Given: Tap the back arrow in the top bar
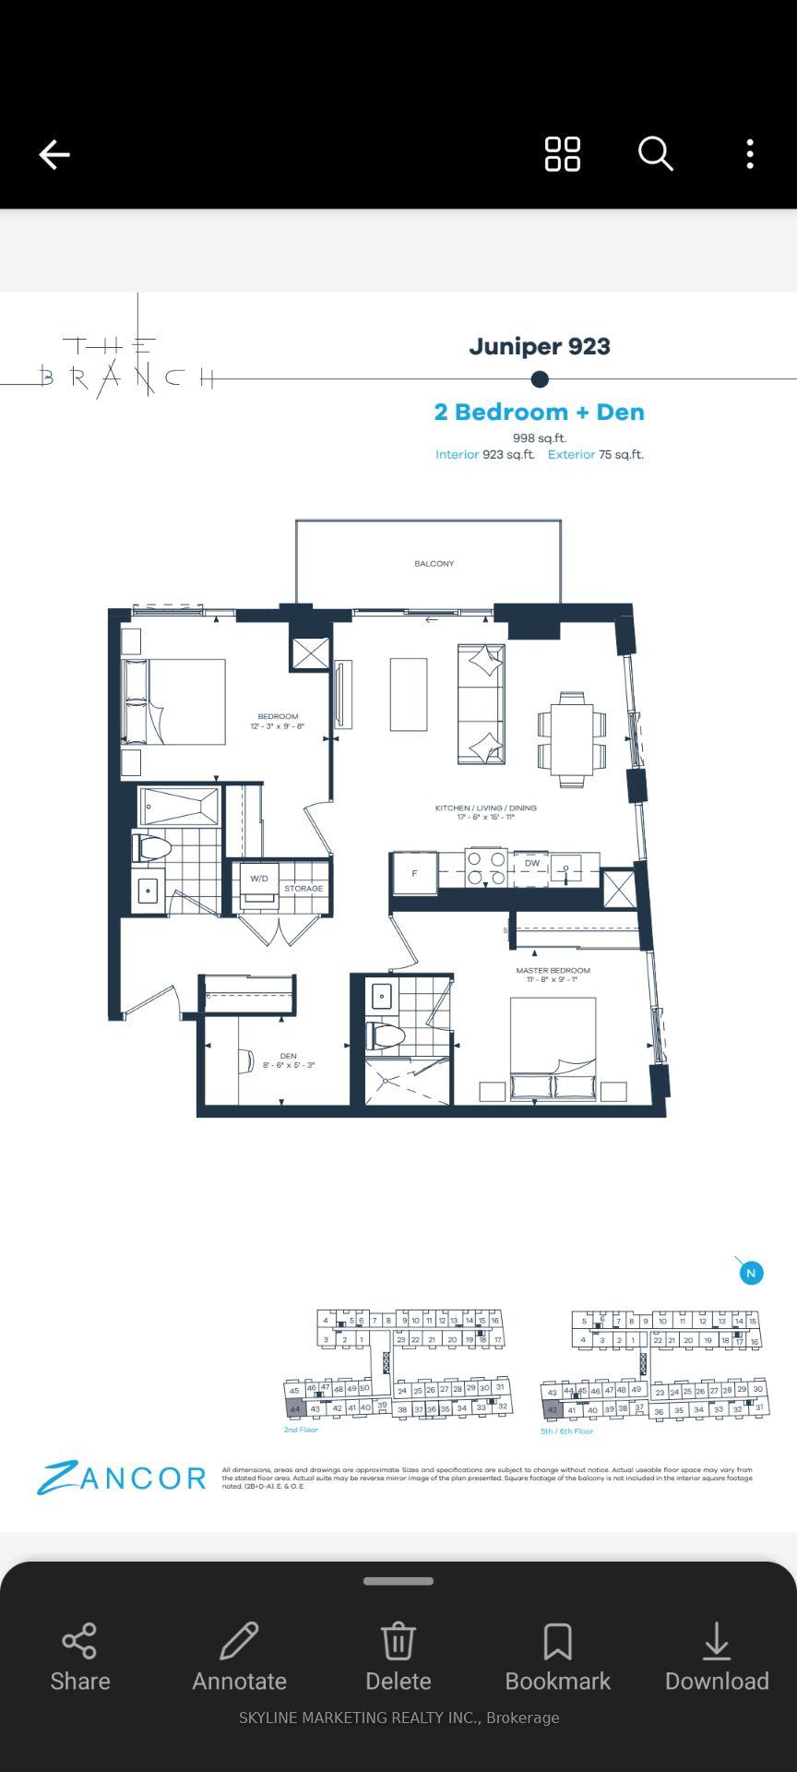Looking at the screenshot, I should [54, 154].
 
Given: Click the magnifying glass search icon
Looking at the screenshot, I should [655, 154].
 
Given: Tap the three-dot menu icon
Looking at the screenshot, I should [750, 154].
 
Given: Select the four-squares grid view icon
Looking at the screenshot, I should [562, 154].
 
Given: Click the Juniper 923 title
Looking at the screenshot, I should [540, 346].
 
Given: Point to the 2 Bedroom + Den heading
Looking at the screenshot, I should [540, 412].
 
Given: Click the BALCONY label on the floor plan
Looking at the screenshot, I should [434, 563].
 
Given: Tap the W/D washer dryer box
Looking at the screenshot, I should [259, 880].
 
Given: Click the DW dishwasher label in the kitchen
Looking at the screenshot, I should [532, 864].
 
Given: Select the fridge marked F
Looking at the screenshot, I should [414, 873].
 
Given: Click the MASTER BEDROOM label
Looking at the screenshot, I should [553, 971].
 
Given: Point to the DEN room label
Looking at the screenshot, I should [288, 1056].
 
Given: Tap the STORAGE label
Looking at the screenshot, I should [303, 889].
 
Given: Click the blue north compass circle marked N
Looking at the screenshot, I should [751, 1274].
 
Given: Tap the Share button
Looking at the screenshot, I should [80, 1657].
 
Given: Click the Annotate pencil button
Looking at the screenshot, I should [239, 1657].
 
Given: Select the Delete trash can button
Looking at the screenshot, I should [398, 1657].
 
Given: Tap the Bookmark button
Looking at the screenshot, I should [558, 1657].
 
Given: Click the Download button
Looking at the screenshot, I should [717, 1657].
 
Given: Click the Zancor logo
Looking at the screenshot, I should [122, 1478].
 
